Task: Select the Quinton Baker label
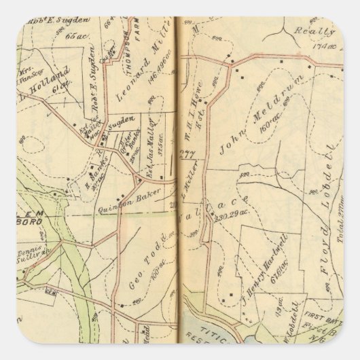pos(139,194)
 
